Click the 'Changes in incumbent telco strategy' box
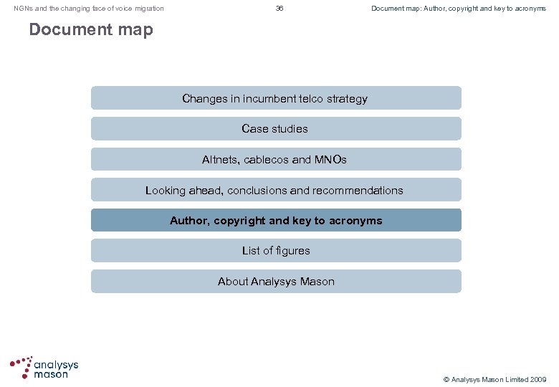(275, 98)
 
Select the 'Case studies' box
(275, 129)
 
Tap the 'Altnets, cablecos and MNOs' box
(275, 159)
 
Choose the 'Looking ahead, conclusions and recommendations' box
(275, 190)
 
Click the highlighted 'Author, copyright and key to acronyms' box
(275, 220)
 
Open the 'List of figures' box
(275, 251)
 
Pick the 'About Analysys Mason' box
(275, 282)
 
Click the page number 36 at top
(279, 9)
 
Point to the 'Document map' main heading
(91, 30)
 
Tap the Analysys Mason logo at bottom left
(44, 367)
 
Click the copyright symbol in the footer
(446, 379)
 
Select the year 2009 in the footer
(539, 379)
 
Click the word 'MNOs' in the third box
(330, 160)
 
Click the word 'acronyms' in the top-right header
(530, 9)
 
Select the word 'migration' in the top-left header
(149, 9)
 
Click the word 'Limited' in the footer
(515, 379)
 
